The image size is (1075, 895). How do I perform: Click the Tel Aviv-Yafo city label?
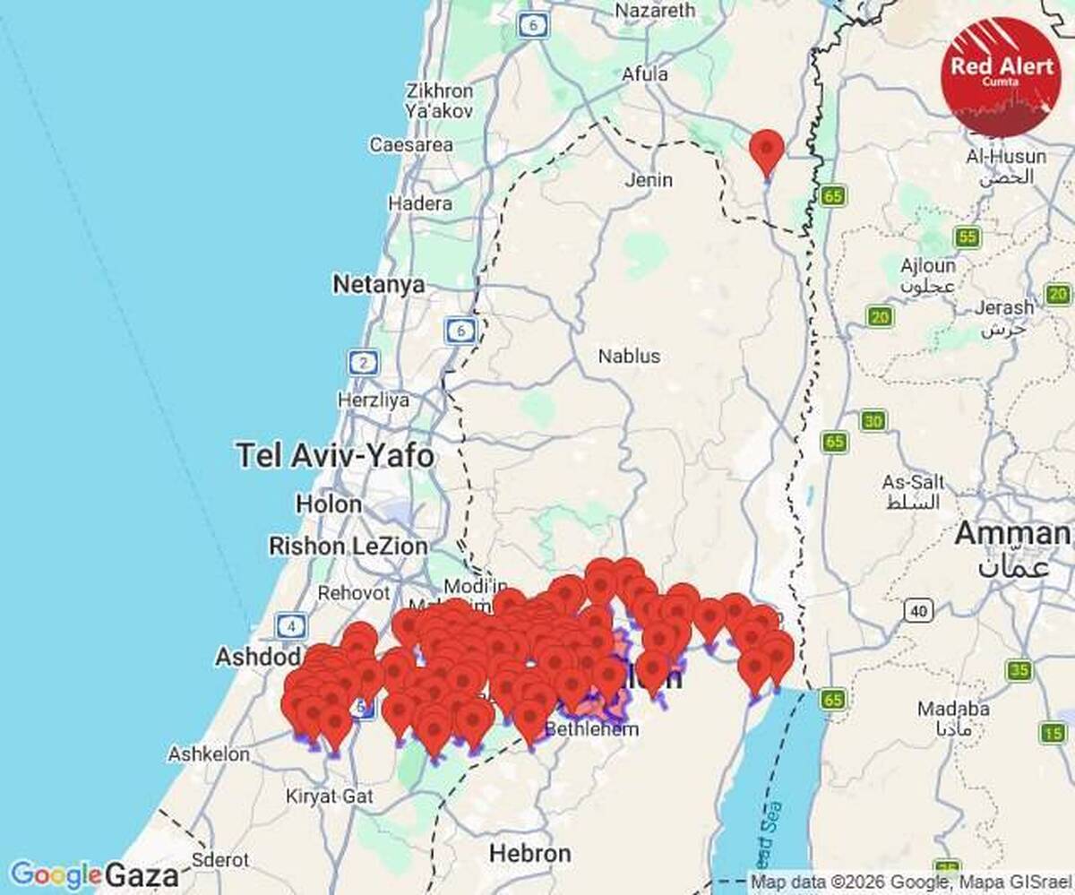click(x=335, y=456)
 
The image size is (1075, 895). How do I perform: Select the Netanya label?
click(x=378, y=285)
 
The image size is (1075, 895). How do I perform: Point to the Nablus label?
click(x=629, y=356)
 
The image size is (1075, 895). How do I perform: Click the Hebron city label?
click(x=529, y=853)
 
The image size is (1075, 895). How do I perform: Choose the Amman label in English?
click(x=1011, y=534)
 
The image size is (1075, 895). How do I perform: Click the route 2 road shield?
click(x=363, y=363)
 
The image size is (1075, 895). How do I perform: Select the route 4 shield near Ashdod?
click(x=291, y=624)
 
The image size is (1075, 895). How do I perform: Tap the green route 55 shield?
click(x=967, y=237)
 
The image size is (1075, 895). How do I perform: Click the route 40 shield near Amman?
click(x=917, y=611)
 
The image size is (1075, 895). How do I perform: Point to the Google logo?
click(x=55, y=874)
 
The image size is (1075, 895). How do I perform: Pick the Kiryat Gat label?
click(x=323, y=796)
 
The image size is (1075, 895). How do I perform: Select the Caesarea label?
click(x=411, y=144)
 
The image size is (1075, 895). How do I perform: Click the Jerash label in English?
click(x=1003, y=307)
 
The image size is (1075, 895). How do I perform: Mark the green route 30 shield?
click(x=873, y=421)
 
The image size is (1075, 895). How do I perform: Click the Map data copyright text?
click(x=908, y=882)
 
